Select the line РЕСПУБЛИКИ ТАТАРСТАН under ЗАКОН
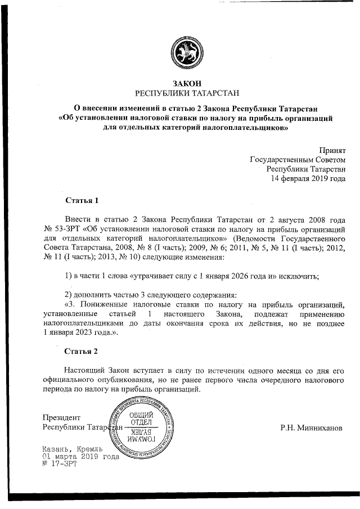click(x=180, y=93)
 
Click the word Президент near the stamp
click(x=62, y=417)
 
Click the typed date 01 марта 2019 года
click(x=81, y=457)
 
